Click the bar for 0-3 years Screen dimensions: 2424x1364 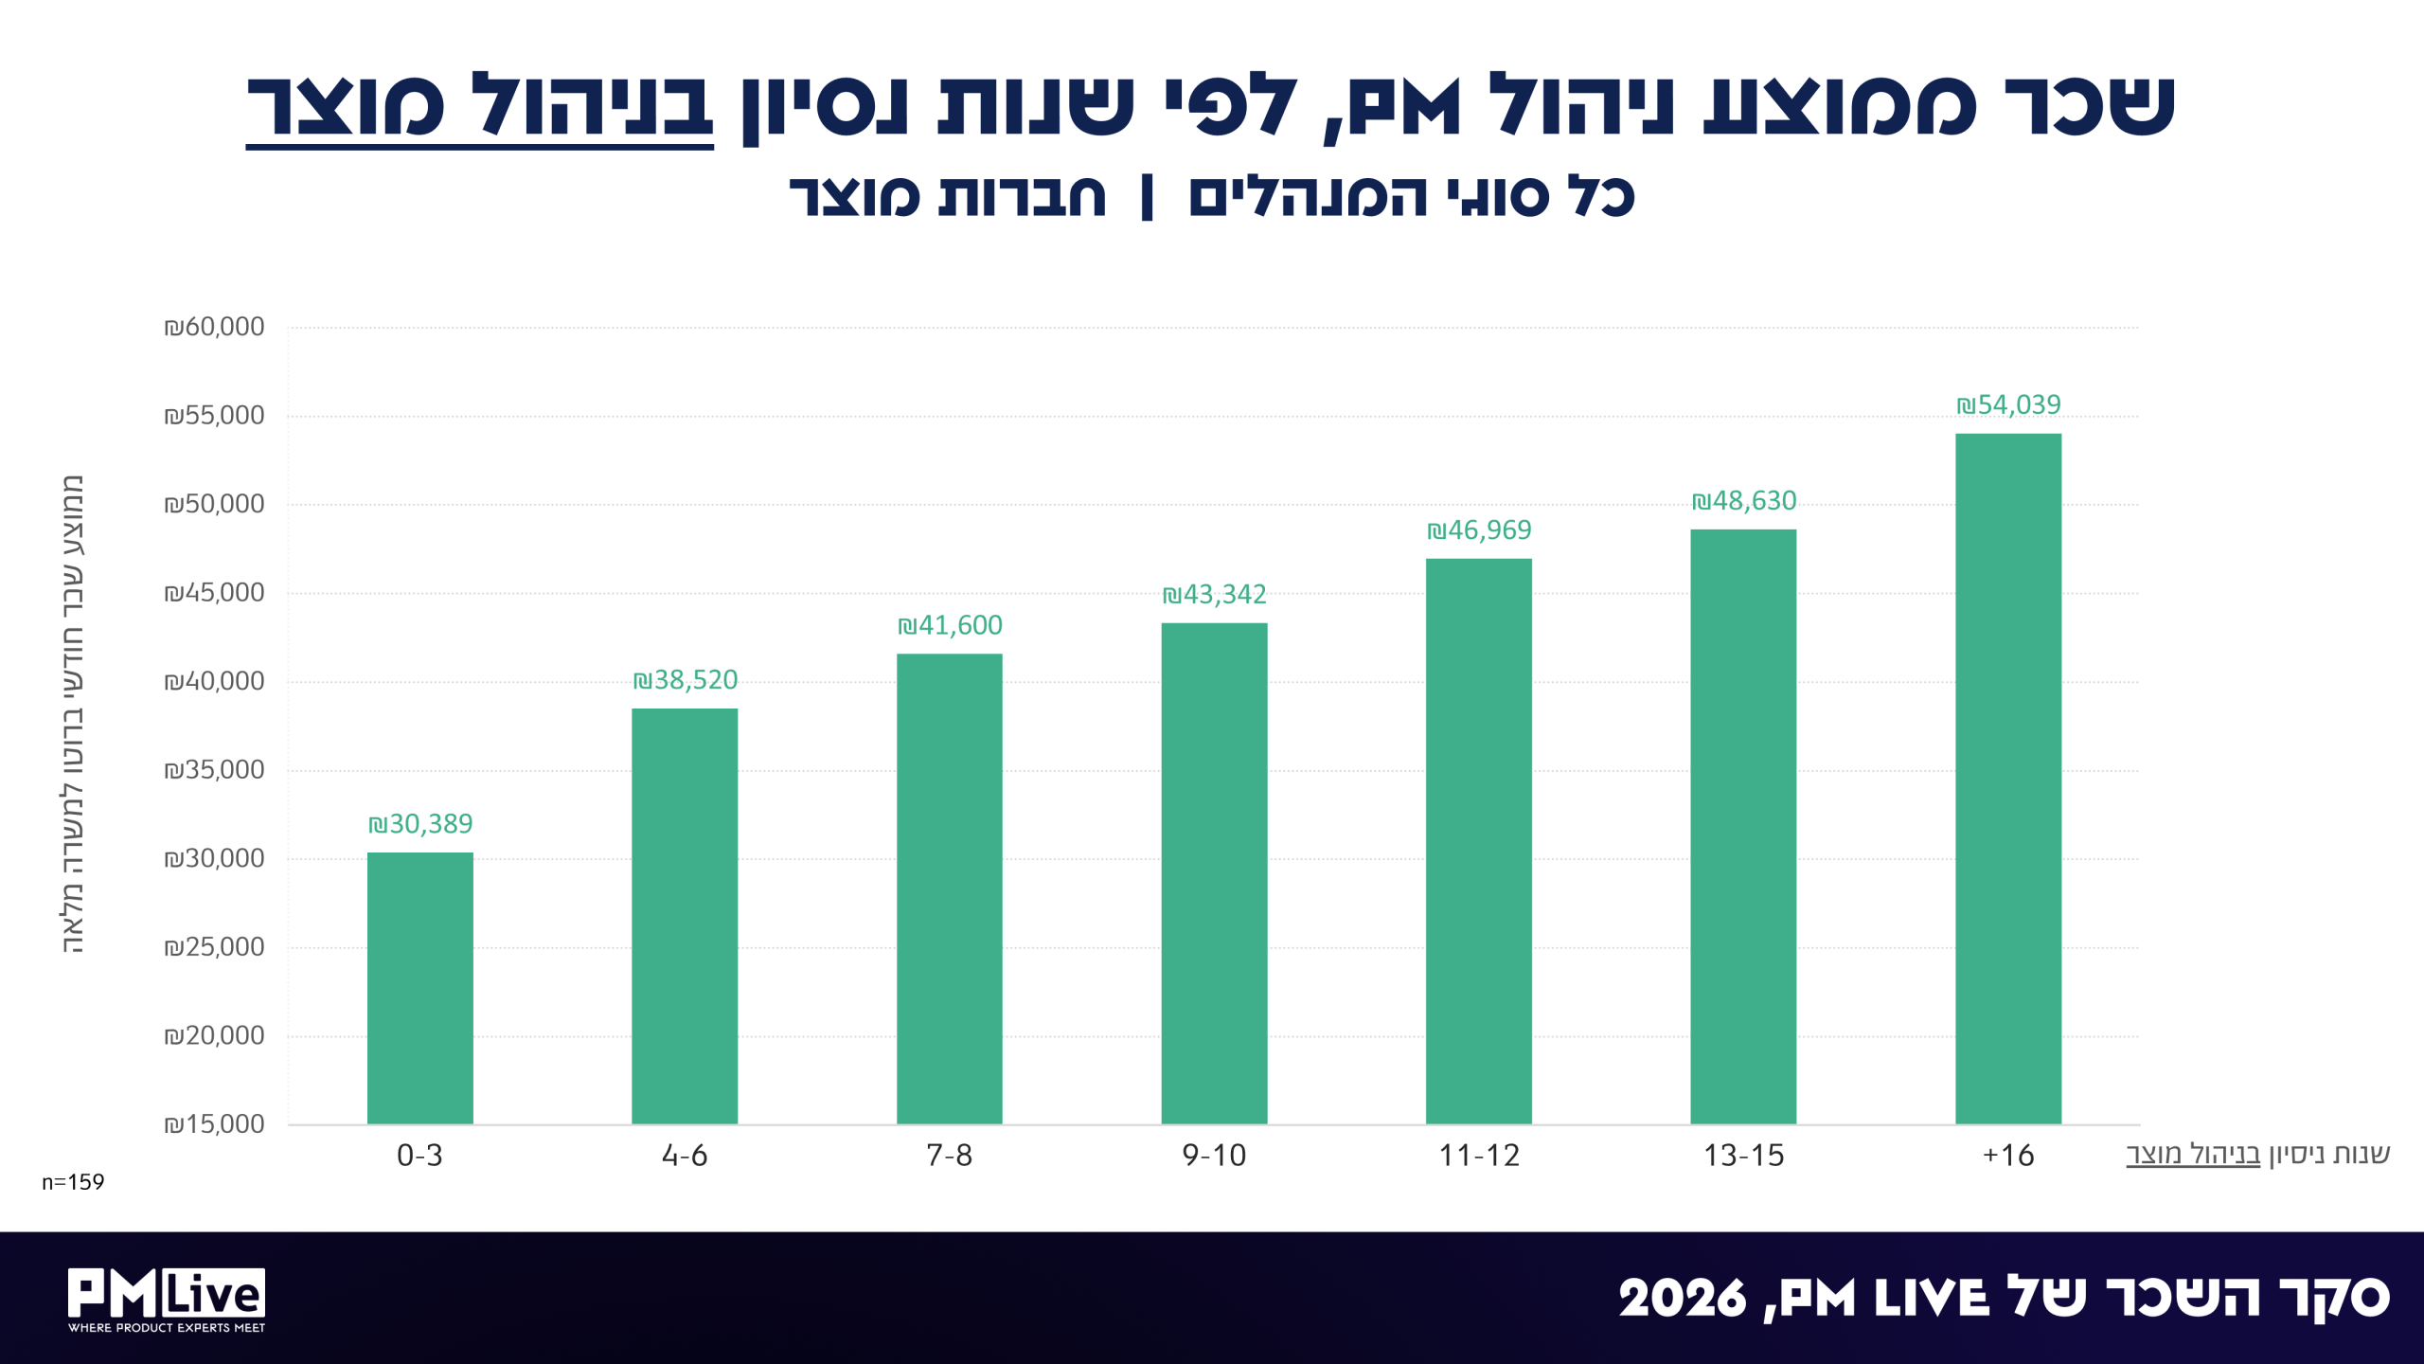[x=419, y=988]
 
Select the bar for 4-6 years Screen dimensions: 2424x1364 [x=685, y=916]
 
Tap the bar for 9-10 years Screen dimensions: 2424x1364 [x=1214, y=873]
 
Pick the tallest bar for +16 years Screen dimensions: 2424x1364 [x=2008, y=779]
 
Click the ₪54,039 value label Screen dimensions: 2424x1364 [x=2008, y=405]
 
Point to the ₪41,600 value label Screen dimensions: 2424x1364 [x=950, y=625]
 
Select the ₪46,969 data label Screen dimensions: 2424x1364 [x=1479, y=530]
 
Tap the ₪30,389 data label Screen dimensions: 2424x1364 [x=420, y=824]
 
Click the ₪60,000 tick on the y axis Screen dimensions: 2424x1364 [x=214, y=327]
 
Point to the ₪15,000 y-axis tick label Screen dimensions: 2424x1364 [x=214, y=1124]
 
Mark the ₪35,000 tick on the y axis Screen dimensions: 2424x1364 [x=214, y=769]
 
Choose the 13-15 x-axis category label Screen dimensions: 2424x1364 [x=1743, y=1156]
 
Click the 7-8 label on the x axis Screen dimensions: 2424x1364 [x=949, y=1156]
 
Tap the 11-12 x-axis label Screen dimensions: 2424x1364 [x=1479, y=1156]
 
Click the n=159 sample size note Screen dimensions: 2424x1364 [x=73, y=1182]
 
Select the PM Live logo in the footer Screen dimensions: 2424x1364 [x=167, y=1300]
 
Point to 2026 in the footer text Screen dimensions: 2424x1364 [x=1682, y=1299]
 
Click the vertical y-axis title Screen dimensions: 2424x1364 [x=74, y=714]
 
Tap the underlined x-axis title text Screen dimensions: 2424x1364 [x=2193, y=1155]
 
